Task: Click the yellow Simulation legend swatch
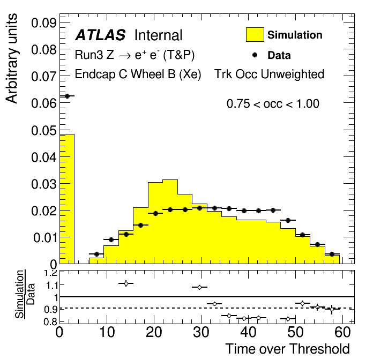pos(255,35)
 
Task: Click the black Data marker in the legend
pos(255,55)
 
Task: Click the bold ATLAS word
pos(100,36)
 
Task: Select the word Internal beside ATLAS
pos(158,36)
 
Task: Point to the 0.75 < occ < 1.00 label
pos(273,104)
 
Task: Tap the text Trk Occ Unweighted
pos(269,74)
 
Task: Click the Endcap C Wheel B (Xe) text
pos(138,74)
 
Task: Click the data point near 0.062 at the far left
pos(67,96)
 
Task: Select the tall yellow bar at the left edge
pos(66,198)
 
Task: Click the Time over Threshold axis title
pos(287,349)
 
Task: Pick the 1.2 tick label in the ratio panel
pos(50,273)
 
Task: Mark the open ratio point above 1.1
pos(126,283)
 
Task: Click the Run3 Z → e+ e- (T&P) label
pos(135,55)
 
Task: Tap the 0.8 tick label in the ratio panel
pos(50,321)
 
